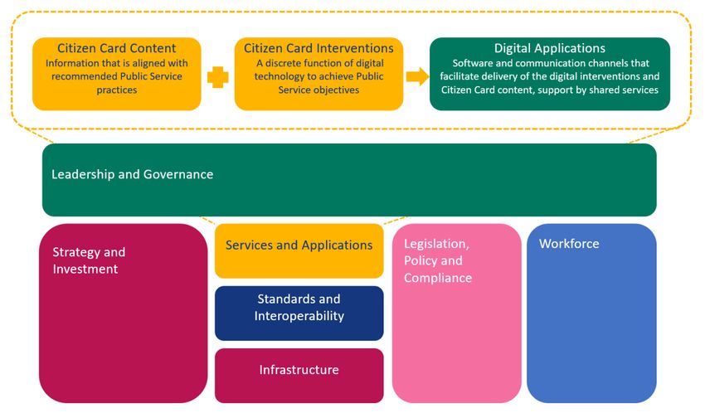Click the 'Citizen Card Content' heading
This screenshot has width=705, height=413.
tap(116, 48)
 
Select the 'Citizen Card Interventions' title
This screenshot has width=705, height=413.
tap(318, 48)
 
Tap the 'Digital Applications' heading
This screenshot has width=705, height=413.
tap(549, 48)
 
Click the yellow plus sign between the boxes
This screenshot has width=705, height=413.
tap(217, 77)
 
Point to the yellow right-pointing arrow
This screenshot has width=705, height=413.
tap(418, 76)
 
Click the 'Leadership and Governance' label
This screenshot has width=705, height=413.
tap(132, 174)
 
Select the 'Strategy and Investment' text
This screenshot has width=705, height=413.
tap(89, 260)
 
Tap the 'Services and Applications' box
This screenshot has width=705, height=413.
tap(299, 250)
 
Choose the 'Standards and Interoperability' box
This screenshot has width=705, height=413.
tap(299, 313)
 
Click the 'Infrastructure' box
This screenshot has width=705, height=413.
tap(299, 375)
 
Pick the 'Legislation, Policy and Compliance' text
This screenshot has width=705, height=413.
tap(437, 260)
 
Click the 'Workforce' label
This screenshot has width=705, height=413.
tap(569, 244)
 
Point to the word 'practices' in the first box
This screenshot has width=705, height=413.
tap(116, 90)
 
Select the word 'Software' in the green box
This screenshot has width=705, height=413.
tap(471, 63)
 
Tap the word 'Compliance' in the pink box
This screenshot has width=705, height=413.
tap(437, 278)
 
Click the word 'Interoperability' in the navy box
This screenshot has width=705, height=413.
tap(299, 316)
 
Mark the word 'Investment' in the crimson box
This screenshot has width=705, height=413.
tap(85, 269)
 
